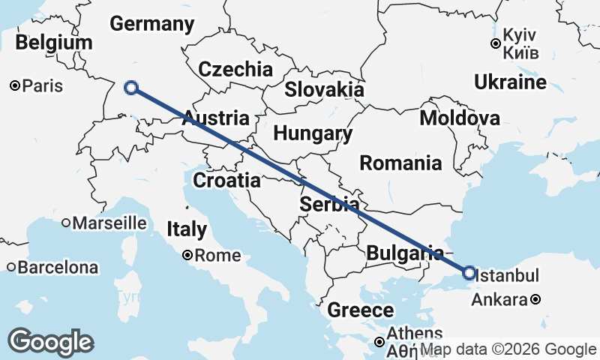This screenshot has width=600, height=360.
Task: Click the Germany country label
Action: pyautogui.click(x=152, y=24)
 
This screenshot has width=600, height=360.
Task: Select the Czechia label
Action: pyautogui.click(x=235, y=70)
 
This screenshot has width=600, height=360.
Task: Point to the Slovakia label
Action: pyautogui.click(x=324, y=89)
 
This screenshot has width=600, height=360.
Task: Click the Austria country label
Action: pyautogui.click(x=216, y=118)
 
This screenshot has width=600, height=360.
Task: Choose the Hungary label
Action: pyautogui.click(x=313, y=134)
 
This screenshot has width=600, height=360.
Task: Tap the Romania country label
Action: pyautogui.click(x=400, y=163)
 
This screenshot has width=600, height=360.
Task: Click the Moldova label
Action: pyautogui.click(x=460, y=118)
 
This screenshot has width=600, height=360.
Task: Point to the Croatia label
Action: pyautogui.click(x=226, y=181)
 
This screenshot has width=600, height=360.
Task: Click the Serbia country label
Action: pyautogui.click(x=329, y=204)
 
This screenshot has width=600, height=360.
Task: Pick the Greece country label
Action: pyautogui.click(x=360, y=310)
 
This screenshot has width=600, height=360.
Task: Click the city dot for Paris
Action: pyautogui.click(x=14, y=86)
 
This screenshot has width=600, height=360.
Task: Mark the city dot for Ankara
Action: pyautogui.click(x=535, y=300)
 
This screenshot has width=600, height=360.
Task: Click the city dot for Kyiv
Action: pyautogui.click(x=496, y=44)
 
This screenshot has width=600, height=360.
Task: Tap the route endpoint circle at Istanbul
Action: pyautogui.click(x=469, y=273)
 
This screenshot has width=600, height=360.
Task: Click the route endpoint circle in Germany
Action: pyautogui.click(x=131, y=88)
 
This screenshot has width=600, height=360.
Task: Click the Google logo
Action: pyautogui.click(x=50, y=342)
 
